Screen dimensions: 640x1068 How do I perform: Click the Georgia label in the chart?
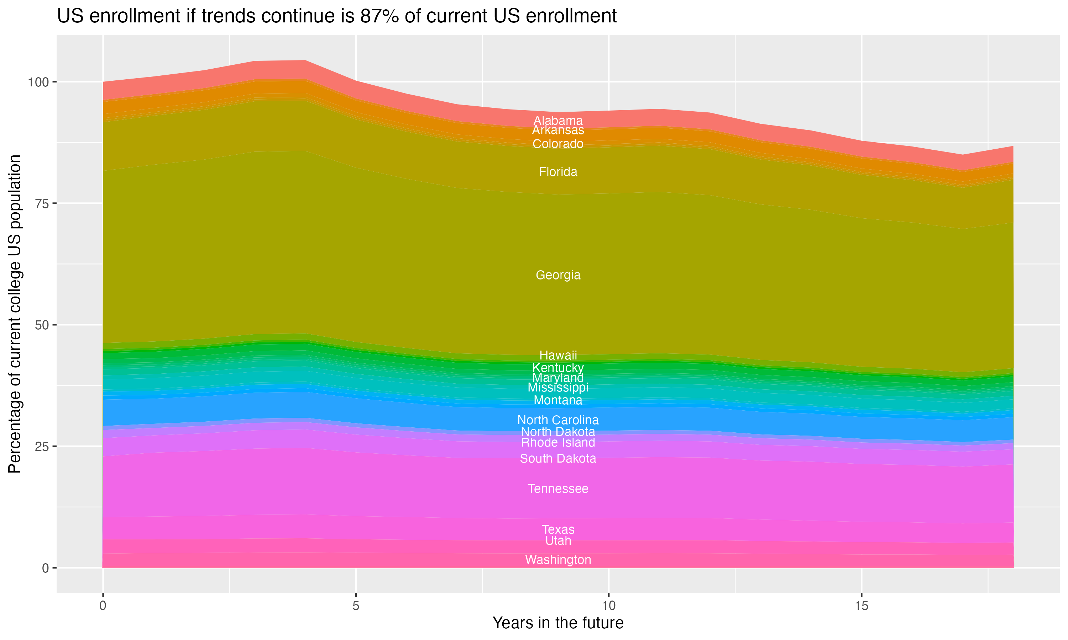click(x=558, y=275)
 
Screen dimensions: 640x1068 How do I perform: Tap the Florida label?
click(x=558, y=172)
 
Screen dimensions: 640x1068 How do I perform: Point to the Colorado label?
click(x=558, y=144)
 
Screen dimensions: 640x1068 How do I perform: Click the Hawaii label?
click(x=558, y=355)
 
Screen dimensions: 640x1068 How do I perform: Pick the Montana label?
click(x=558, y=400)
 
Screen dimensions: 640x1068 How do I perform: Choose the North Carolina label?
click(x=558, y=420)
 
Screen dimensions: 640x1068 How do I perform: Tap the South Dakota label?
click(x=558, y=458)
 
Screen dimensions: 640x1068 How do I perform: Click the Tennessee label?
click(x=558, y=489)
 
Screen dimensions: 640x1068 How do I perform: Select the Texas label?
click(x=558, y=529)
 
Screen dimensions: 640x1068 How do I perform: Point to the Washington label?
click(x=558, y=560)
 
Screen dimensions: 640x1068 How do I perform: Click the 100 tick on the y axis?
click(x=39, y=82)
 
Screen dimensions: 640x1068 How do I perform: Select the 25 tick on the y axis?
click(x=42, y=446)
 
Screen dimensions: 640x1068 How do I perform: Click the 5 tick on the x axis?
click(x=356, y=606)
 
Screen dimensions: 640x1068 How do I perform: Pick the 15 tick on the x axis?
click(x=861, y=606)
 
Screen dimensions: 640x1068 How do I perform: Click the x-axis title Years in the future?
click(x=558, y=623)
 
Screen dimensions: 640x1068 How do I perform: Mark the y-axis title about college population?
click(x=15, y=314)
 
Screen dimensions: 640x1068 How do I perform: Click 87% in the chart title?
click(x=378, y=16)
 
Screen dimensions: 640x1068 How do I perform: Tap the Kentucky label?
click(x=558, y=368)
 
